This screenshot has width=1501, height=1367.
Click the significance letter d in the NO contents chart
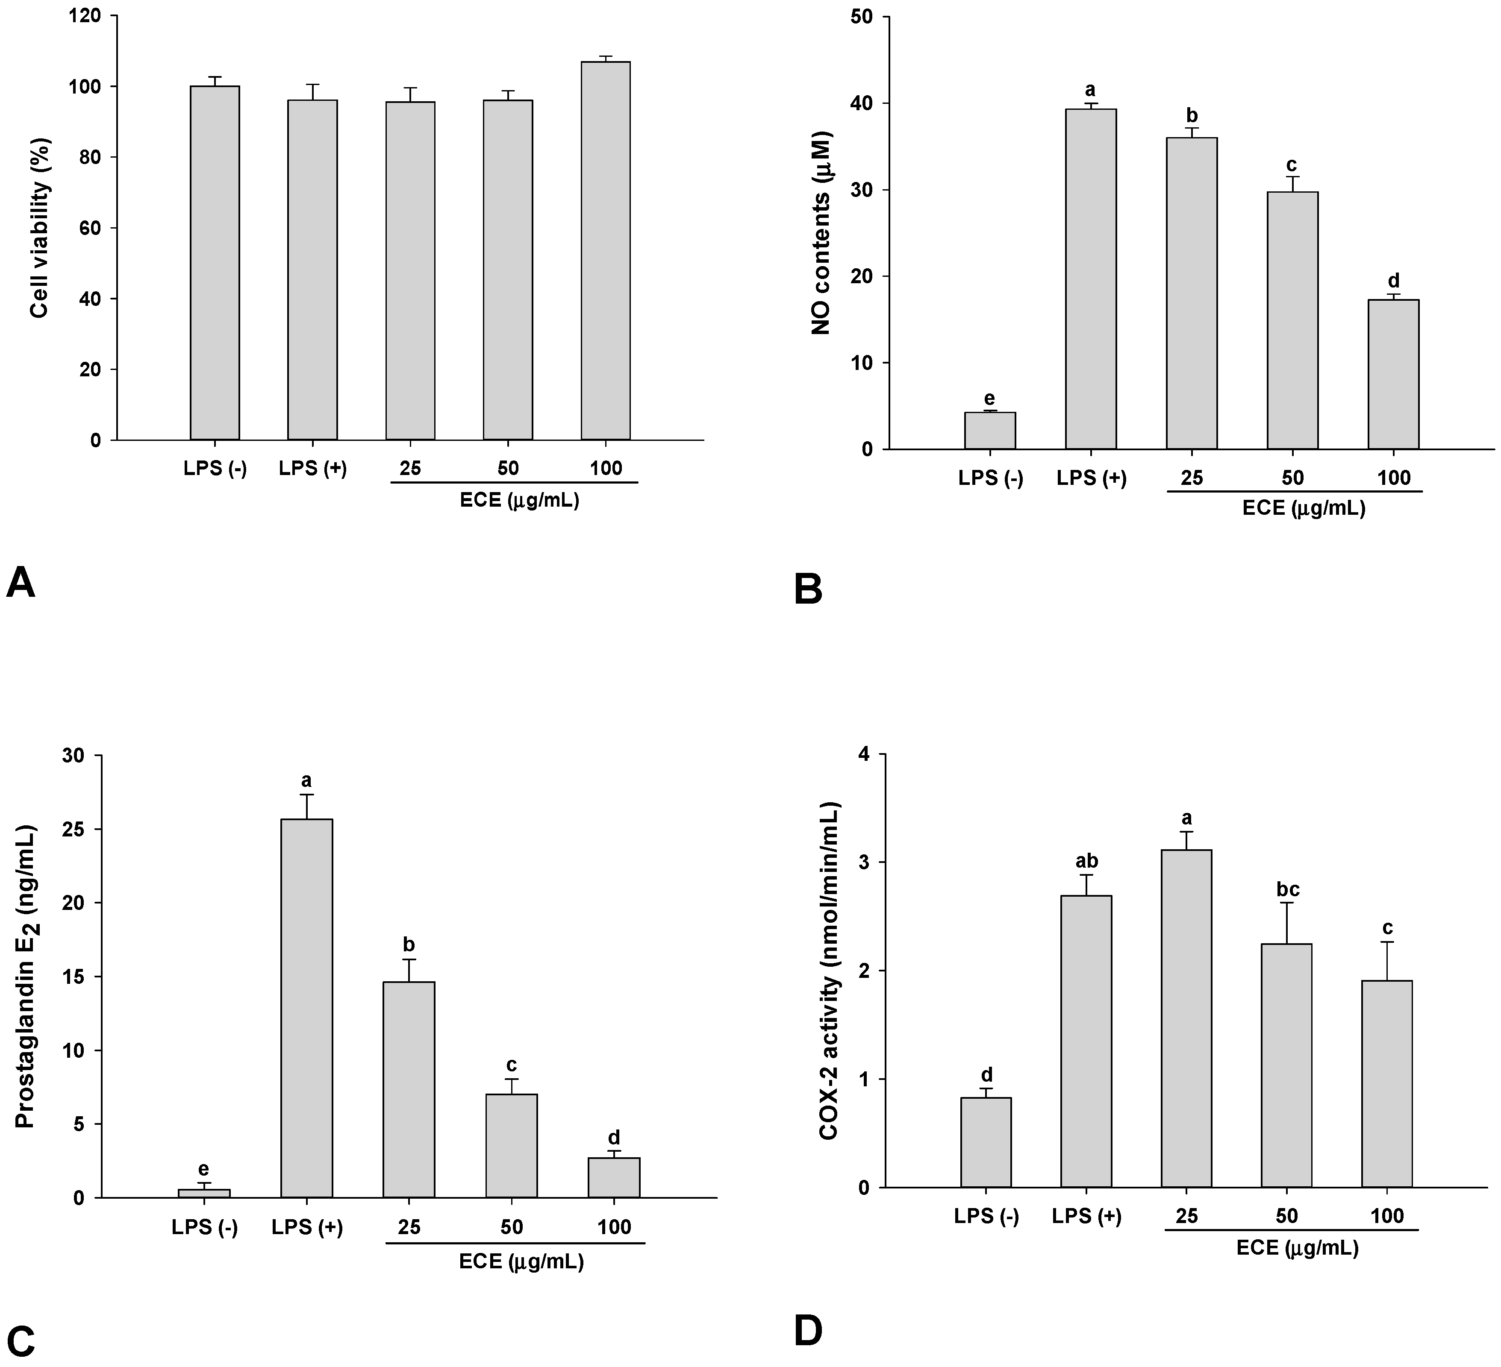[1393, 281]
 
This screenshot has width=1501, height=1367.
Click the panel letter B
[809, 590]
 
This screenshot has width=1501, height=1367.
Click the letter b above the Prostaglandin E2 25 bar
[409, 945]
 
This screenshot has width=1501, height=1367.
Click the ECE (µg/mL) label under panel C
[521, 1262]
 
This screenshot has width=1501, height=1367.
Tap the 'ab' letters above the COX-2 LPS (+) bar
[1086, 861]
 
